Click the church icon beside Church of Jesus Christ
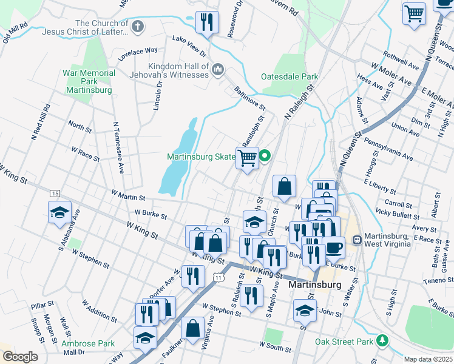tap(138, 26)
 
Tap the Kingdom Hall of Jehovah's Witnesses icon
tap(218, 72)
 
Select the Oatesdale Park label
tap(290, 77)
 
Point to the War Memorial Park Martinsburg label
tap(89, 81)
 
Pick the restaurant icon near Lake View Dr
tap(207, 22)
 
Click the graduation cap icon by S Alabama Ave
tap(59, 212)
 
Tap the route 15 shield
tap(55, 193)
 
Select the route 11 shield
tap(217, 277)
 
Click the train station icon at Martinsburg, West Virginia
tap(356, 240)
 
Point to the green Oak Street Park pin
tap(381, 342)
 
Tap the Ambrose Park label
tap(88, 343)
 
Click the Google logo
tap(20, 357)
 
